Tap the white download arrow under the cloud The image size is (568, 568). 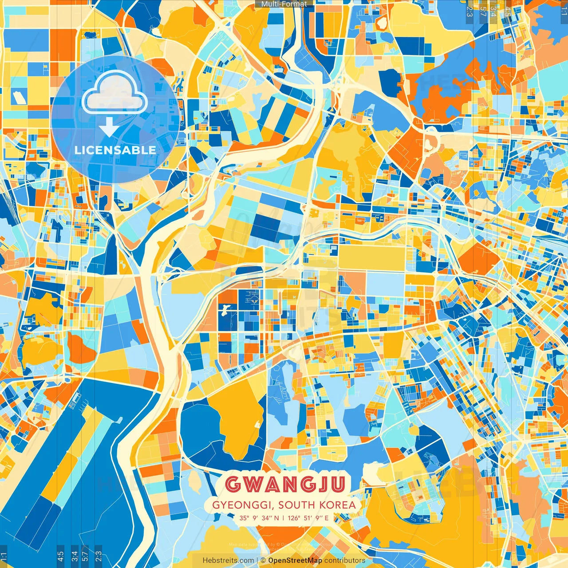click(x=109, y=127)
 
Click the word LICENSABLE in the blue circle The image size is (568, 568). click(x=115, y=150)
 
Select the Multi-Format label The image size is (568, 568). click(x=284, y=4)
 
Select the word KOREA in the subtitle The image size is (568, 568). click(x=339, y=505)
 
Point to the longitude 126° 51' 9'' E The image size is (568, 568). click(x=308, y=518)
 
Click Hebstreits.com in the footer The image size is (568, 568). click(x=229, y=560)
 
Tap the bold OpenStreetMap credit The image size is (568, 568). click(x=295, y=560)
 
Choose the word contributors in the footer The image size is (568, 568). click(x=345, y=560)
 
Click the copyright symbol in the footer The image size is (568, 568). click(x=263, y=560)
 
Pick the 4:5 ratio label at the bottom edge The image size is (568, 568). click(x=60, y=556)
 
